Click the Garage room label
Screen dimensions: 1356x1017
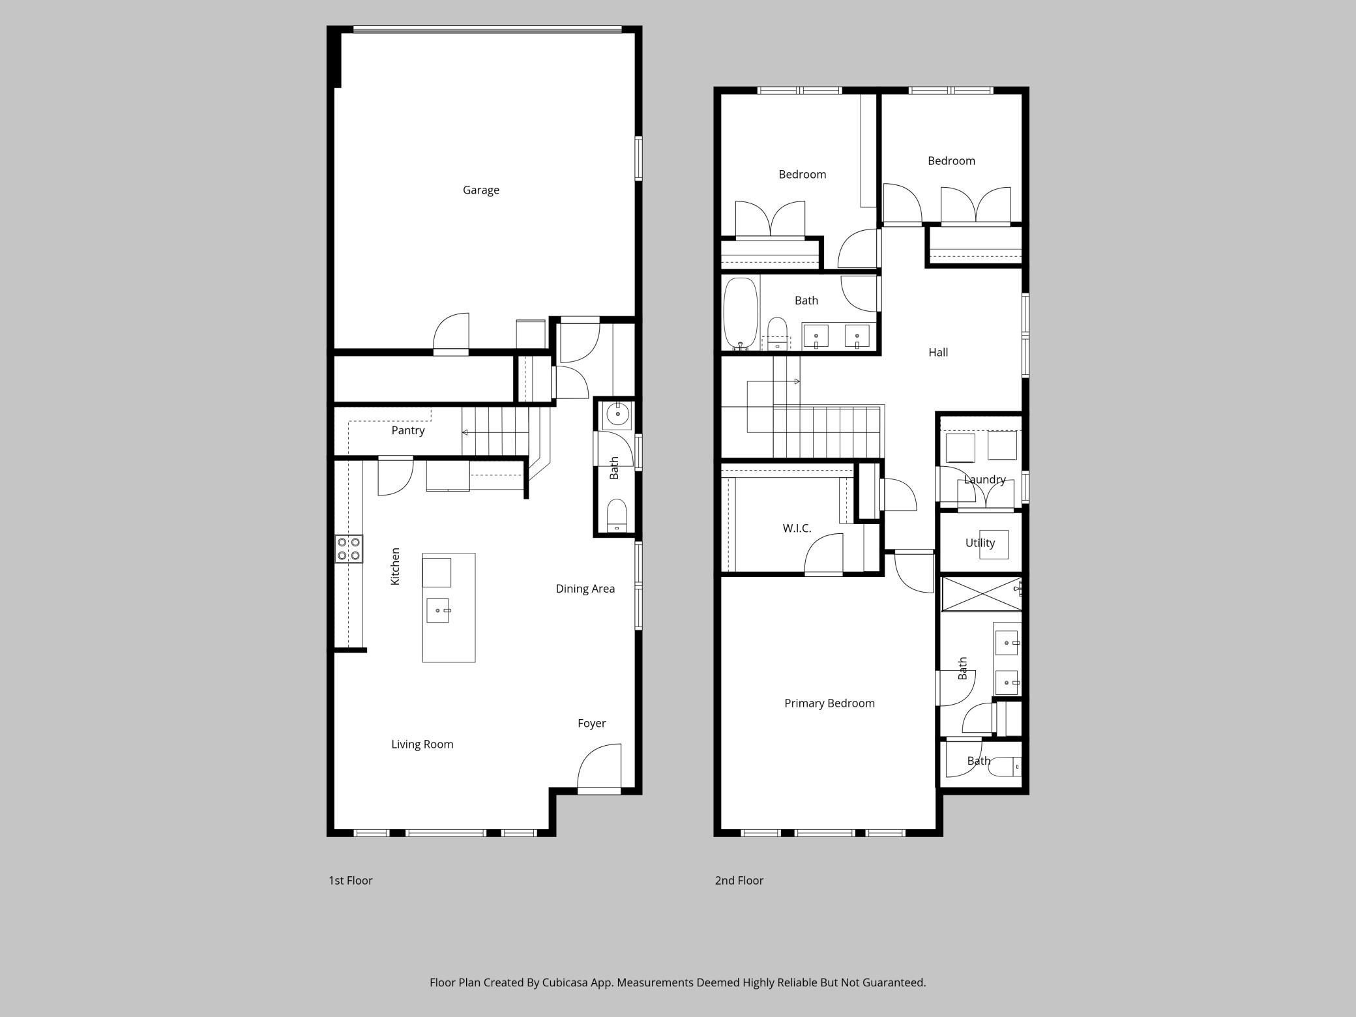point(481,190)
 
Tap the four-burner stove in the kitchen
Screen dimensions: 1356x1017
point(349,549)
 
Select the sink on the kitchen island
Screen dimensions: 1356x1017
point(438,611)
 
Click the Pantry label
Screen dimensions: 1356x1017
point(408,430)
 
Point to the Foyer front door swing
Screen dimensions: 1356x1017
point(599,767)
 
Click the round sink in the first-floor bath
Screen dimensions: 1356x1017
point(617,414)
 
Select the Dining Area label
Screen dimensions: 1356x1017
point(585,589)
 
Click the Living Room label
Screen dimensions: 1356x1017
point(422,744)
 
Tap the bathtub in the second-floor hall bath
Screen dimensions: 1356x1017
point(741,314)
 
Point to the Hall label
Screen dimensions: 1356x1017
point(938,352)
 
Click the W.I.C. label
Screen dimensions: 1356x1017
point(797,528)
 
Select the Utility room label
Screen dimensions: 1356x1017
point(980,543)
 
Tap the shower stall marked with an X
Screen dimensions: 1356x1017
point(981,594)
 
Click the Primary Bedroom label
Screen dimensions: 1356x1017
point(829,703)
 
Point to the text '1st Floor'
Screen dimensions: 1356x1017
point(350,881)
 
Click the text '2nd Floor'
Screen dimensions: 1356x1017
point(739,881)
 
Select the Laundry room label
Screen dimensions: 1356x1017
point(984,480)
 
